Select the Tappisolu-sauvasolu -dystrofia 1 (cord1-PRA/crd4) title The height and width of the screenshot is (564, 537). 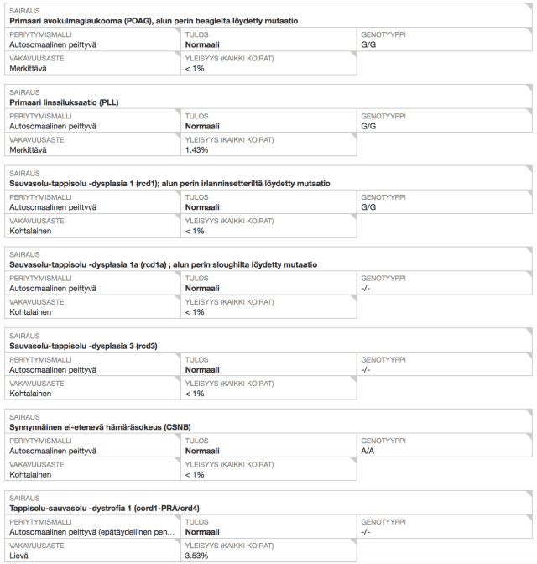point(103,509)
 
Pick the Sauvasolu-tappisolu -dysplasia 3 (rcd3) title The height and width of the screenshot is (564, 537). point(83,346)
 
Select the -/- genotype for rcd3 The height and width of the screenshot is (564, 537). point(366,370)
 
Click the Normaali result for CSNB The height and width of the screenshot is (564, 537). point(203,452)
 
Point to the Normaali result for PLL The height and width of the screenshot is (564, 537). point(203,126)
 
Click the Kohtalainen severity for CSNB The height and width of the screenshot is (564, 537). point(31,474)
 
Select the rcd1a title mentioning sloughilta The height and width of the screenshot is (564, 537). point(163,264)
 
